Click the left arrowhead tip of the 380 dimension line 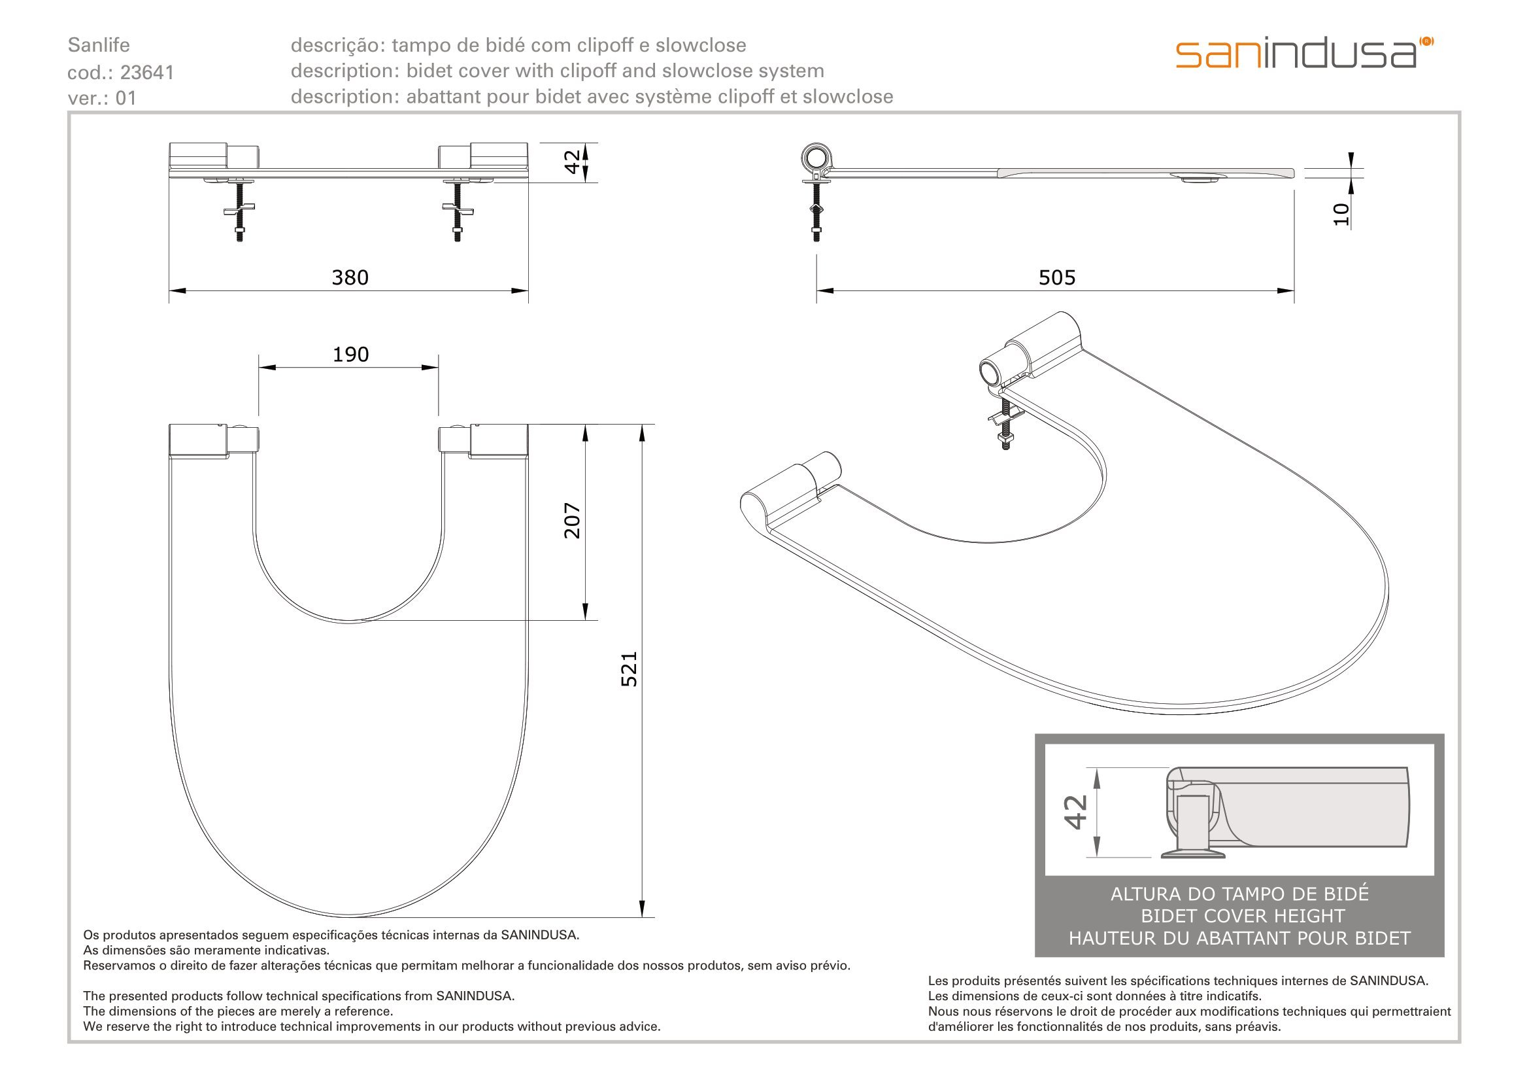click(x=169, y=290)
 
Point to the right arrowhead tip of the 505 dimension click(x=1294, y=290)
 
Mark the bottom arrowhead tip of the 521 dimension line click(x=642, y=917)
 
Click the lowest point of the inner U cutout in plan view click(x=349, y=622)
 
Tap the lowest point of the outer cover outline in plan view click(x=349, y=917)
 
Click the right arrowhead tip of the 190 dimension click(x=438, y=367)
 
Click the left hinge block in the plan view click(x=214, y=440)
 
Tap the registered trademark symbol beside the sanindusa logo click(x=1426, y=41)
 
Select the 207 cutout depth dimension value click(x=573, y=520)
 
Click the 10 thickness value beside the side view click(x=1341, y=214)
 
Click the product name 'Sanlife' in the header click(x=99, y=45)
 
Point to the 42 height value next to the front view click(x=573, y=162)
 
